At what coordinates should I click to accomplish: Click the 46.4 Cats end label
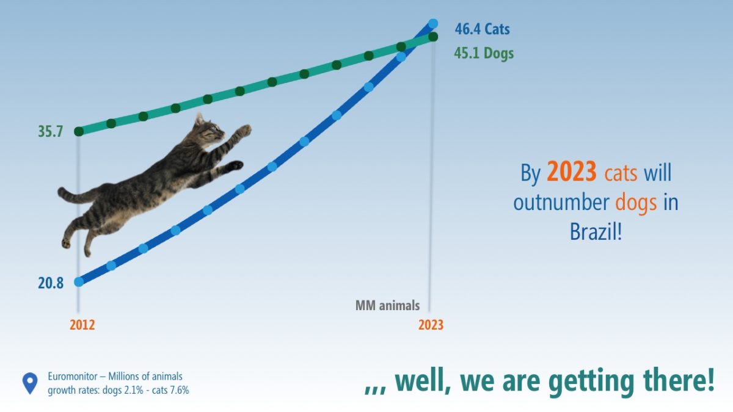[482, 29]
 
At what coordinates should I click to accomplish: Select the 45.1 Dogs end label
[484, 53]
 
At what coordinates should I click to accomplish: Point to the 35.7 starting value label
[50, 131]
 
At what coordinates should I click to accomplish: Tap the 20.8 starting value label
[51, 283]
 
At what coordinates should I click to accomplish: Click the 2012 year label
[82, 325]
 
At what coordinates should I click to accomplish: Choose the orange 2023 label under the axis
[431, 325]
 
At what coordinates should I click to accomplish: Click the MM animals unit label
[387, 306]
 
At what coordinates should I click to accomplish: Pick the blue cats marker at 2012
[79, 281]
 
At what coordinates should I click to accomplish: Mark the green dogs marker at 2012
[79, 131]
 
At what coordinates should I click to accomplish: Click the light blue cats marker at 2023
[433, 24]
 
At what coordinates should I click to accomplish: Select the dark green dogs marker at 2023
[433, 37]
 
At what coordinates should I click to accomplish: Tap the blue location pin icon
[30, 383]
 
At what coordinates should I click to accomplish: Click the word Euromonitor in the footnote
[73, 377]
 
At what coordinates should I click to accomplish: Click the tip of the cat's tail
[60, 191]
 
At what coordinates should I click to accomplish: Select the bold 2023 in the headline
[571, 172]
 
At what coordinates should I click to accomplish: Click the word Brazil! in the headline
[596, 231]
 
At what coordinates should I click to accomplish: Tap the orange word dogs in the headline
[636, 203]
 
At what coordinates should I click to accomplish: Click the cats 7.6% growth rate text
[170, 390]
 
